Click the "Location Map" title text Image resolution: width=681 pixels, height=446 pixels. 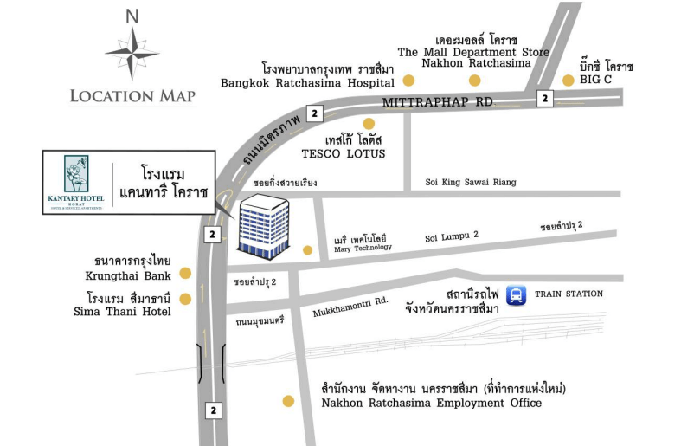132,95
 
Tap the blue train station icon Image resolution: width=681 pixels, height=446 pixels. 517,295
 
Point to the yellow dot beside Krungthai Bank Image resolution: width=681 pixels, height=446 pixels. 184,274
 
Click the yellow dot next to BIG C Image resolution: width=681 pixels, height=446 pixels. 568,81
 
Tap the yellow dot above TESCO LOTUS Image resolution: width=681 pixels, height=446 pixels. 369,123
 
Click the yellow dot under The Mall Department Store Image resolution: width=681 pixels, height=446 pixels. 474,81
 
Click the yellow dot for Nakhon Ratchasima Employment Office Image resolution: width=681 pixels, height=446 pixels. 288,401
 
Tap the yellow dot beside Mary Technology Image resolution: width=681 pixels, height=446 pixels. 307,250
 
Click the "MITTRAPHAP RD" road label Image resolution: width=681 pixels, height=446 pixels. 437,102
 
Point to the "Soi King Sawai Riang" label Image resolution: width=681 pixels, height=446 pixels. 471,182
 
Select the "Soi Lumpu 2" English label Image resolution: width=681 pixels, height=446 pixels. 451,235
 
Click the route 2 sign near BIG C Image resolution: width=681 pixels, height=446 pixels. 544,99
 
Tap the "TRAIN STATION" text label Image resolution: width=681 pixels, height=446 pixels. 569,294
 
